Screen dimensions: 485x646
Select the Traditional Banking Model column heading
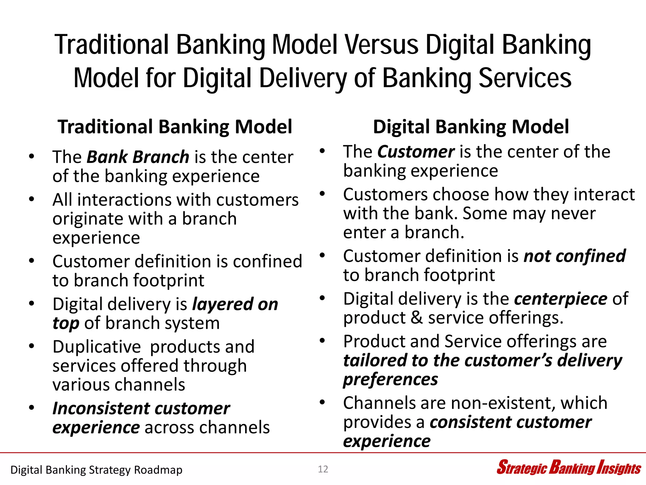click(175, 127)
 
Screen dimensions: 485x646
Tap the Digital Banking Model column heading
click(471, 127)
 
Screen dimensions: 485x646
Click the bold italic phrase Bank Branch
click(138, 157)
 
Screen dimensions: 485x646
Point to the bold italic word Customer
click(416, 152)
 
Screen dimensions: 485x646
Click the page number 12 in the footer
click(323, 469)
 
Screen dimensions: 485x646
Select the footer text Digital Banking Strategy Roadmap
click(96, 470)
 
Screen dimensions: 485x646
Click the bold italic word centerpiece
click(561, 299)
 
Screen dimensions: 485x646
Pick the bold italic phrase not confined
click(574, 256)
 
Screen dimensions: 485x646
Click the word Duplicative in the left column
click(97, 347)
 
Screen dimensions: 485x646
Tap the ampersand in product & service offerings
click(417, 318)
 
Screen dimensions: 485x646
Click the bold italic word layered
click(222, 305)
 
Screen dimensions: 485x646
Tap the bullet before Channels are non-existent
click(322, 402)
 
